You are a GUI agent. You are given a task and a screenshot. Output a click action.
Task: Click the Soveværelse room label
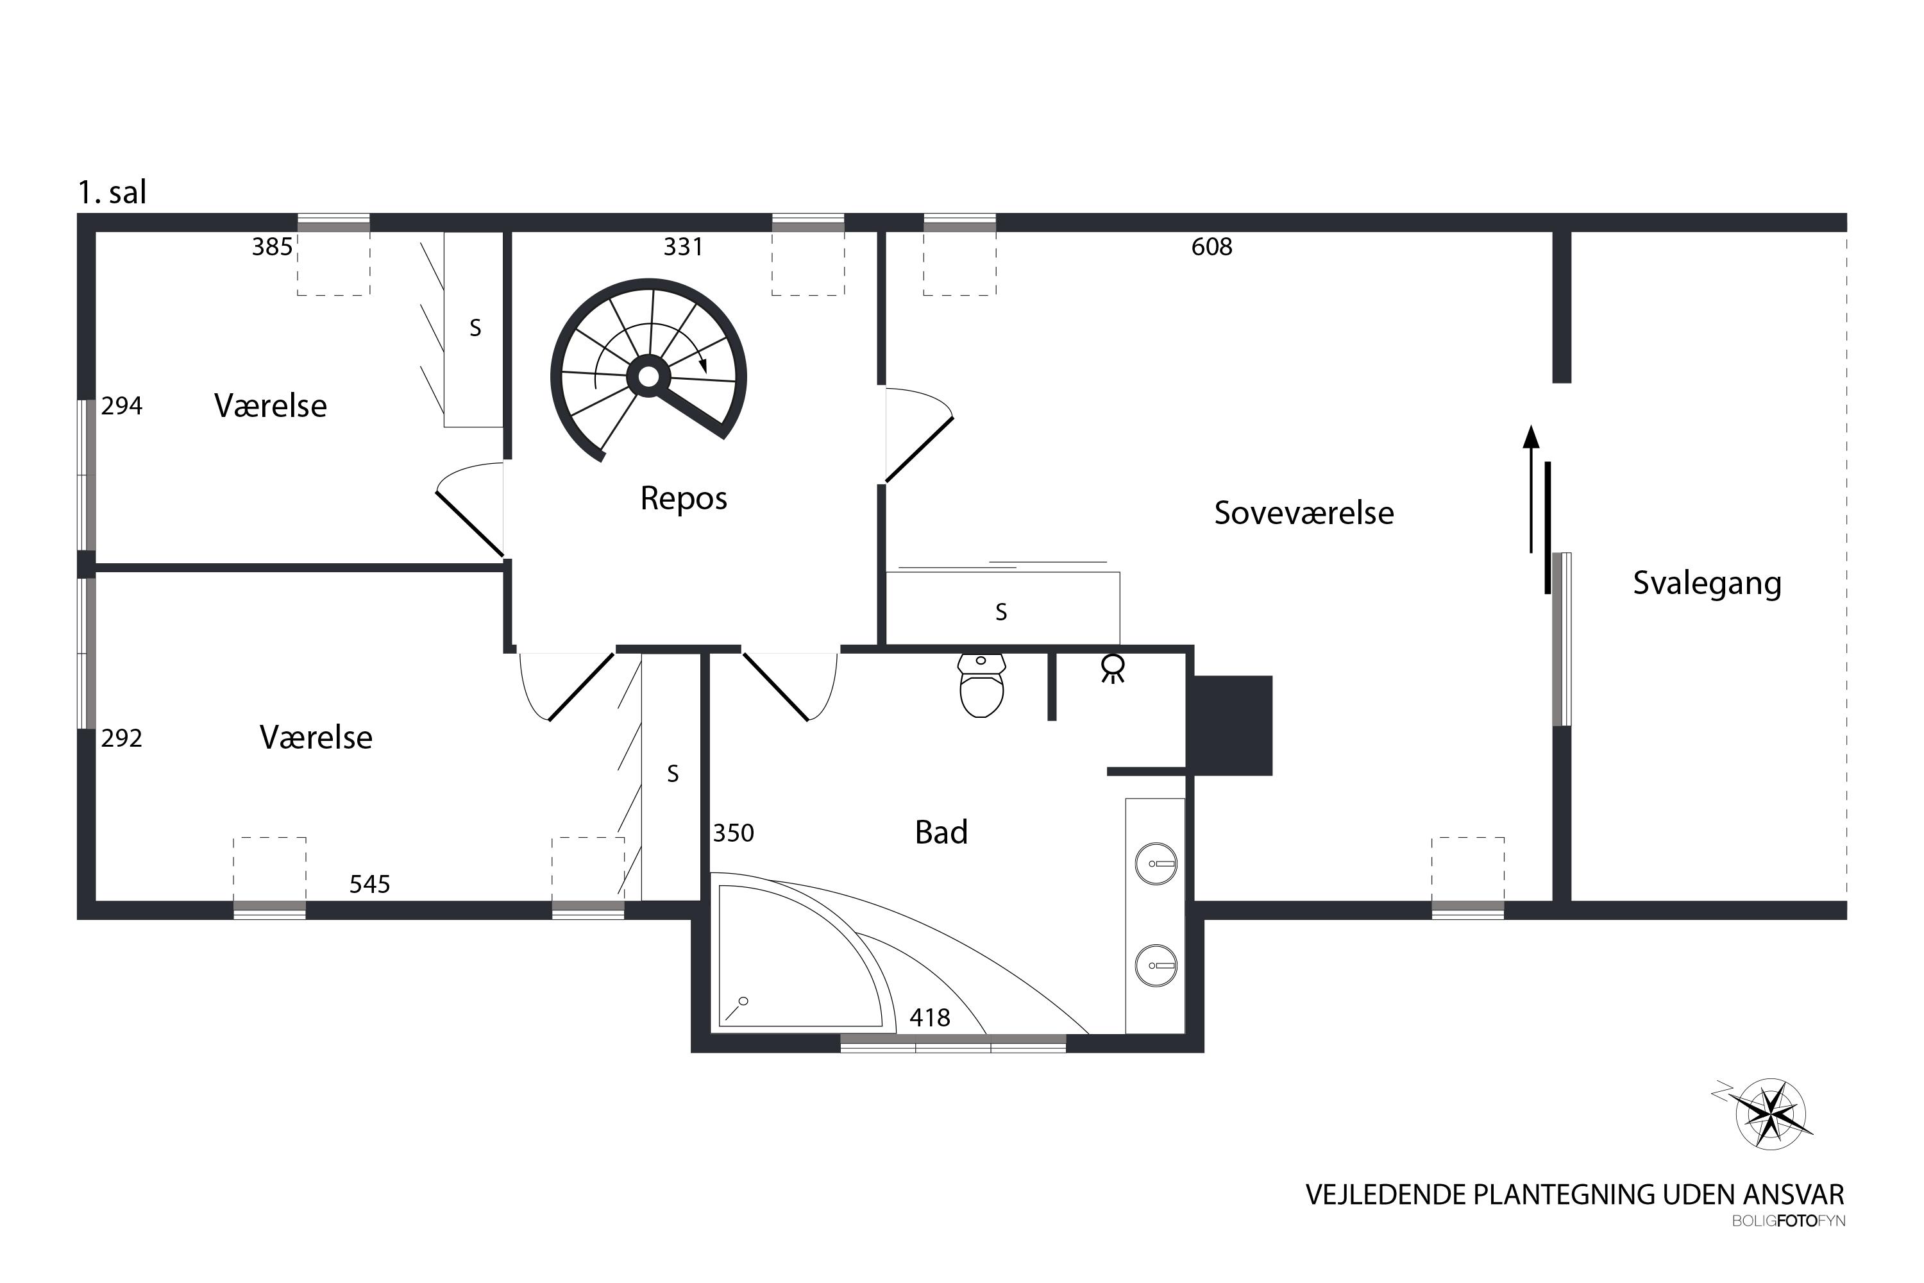click(1303, 513)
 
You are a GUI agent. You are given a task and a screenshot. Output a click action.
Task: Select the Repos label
click(683, 499)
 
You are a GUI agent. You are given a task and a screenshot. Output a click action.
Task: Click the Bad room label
click(941, 832)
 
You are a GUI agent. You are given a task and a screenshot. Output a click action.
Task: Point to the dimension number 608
click(1211, 246)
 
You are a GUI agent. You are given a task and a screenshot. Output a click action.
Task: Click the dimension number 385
click(273, 246)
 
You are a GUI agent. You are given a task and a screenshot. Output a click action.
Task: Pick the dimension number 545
click(370, 884)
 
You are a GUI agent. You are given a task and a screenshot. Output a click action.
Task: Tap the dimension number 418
click(930, 1017)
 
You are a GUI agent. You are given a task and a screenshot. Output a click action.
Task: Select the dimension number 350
click(734, 833)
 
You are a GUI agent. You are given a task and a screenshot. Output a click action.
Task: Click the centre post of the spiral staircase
click(648, 377)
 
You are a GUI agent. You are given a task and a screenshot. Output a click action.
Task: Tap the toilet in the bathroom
click(981, 685)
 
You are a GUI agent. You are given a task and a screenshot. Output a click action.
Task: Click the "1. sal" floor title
click(112, 192)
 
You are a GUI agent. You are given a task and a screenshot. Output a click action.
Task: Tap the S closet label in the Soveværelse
click(1001, 611)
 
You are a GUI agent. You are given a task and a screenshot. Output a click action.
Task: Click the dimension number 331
click(683, 246)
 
